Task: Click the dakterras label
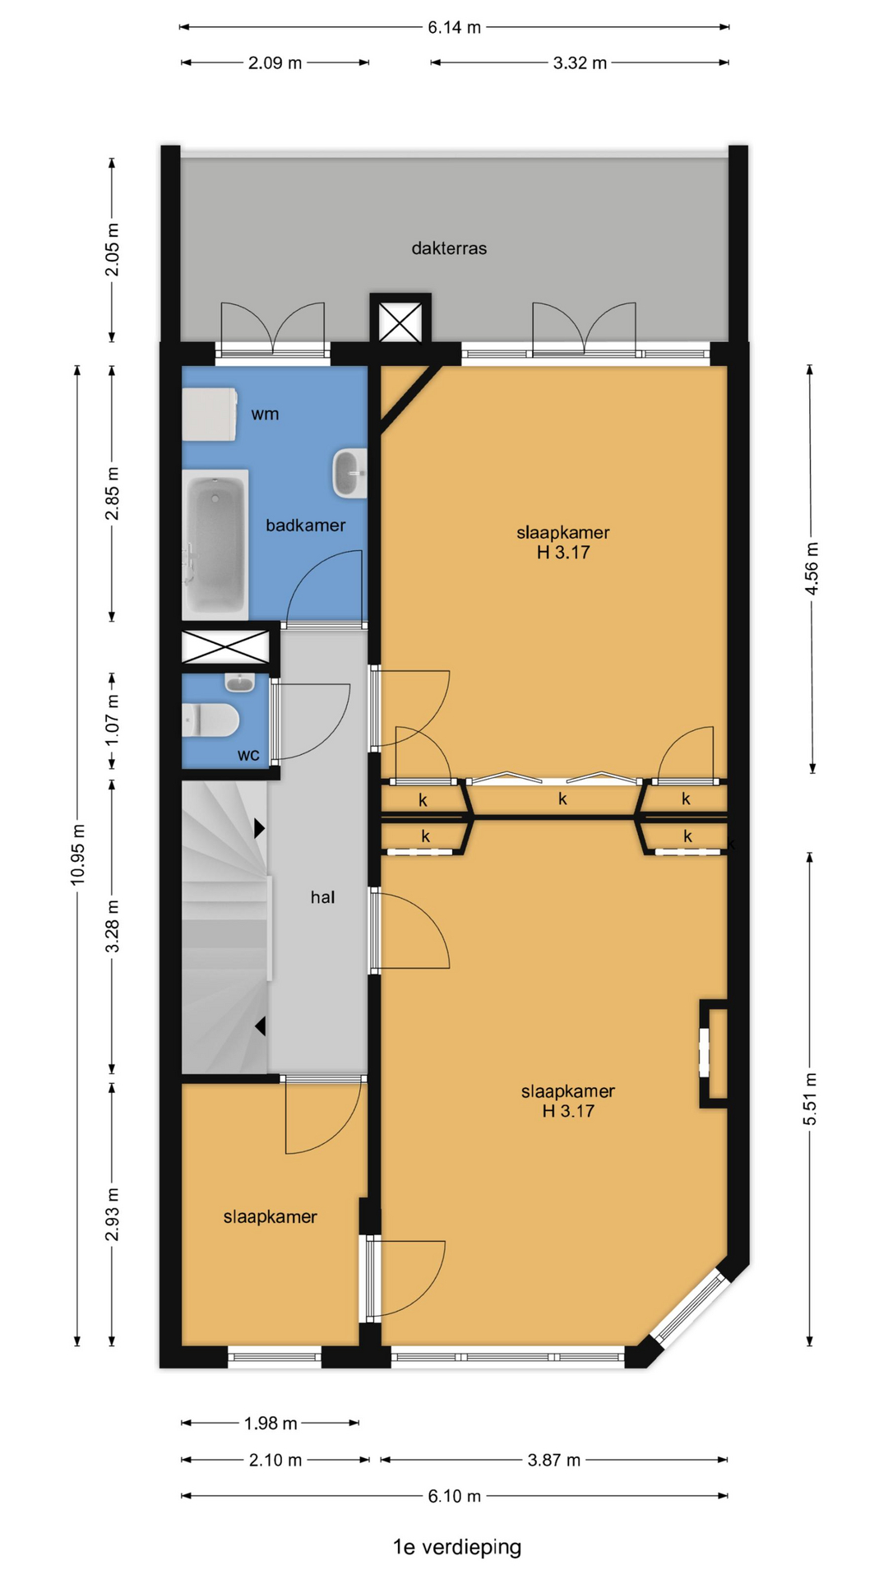[x=449, y=248]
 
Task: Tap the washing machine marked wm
[x=210, y=414]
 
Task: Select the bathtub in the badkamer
[x=215, y=544]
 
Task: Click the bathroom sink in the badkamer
[x=349, y=473]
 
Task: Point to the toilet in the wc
[x=210, y=721]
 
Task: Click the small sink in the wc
[x=240, y=683]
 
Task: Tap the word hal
[x=322, y=897]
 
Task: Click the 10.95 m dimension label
[x=77, y=854]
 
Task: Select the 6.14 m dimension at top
[x=454, y=27]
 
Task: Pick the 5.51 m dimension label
[x=810, y=1099]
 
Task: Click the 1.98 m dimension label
[x=271, y=1423]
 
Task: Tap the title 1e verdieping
[x=457, y=1547]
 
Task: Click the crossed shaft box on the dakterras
[x=400, y=320]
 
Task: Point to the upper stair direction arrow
[x=260, y=828]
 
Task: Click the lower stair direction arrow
[x=260, y=1026]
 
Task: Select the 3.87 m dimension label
[x=554, y=1460]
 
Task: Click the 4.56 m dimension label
[x=812, y=568]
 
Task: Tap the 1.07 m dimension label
[x=112, y=720]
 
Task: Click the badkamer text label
[x=305, y=525]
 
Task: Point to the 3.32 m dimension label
[x=580, y=63]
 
